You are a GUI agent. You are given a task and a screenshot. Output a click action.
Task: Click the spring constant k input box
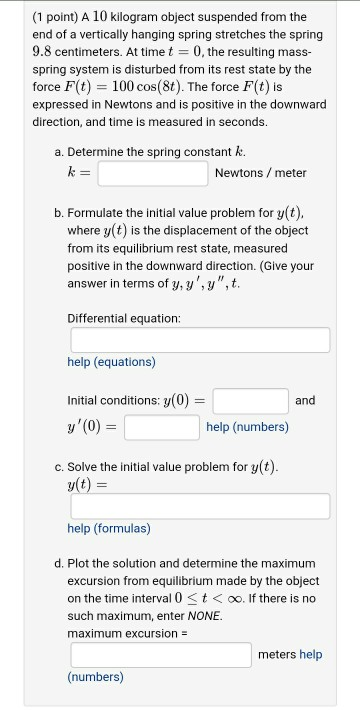click(x=152, y=173)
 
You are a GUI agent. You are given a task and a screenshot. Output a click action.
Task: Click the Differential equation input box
click(x=198, y=341)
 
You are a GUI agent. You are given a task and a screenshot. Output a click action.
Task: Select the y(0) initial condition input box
click(x=250, y=400)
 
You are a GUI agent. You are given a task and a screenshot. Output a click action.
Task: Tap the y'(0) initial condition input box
click(x=161, y=428)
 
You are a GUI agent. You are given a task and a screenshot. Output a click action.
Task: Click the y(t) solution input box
click(x=198, y=506)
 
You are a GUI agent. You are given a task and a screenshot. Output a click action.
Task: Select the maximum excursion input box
click(x=160, y=654)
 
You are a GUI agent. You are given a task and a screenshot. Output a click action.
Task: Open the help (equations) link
click(x=111, y=362)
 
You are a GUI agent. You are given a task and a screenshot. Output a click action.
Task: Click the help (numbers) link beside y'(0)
click(x=248, y=427)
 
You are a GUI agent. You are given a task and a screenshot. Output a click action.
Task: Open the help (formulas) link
click(x=109, y=527)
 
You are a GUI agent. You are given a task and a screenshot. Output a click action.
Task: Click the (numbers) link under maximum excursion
click(x=95, y=677)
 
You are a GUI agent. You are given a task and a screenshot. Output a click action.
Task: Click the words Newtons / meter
click(x=260, y=173)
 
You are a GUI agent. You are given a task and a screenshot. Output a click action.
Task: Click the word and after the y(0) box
click(x=305, y=400)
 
